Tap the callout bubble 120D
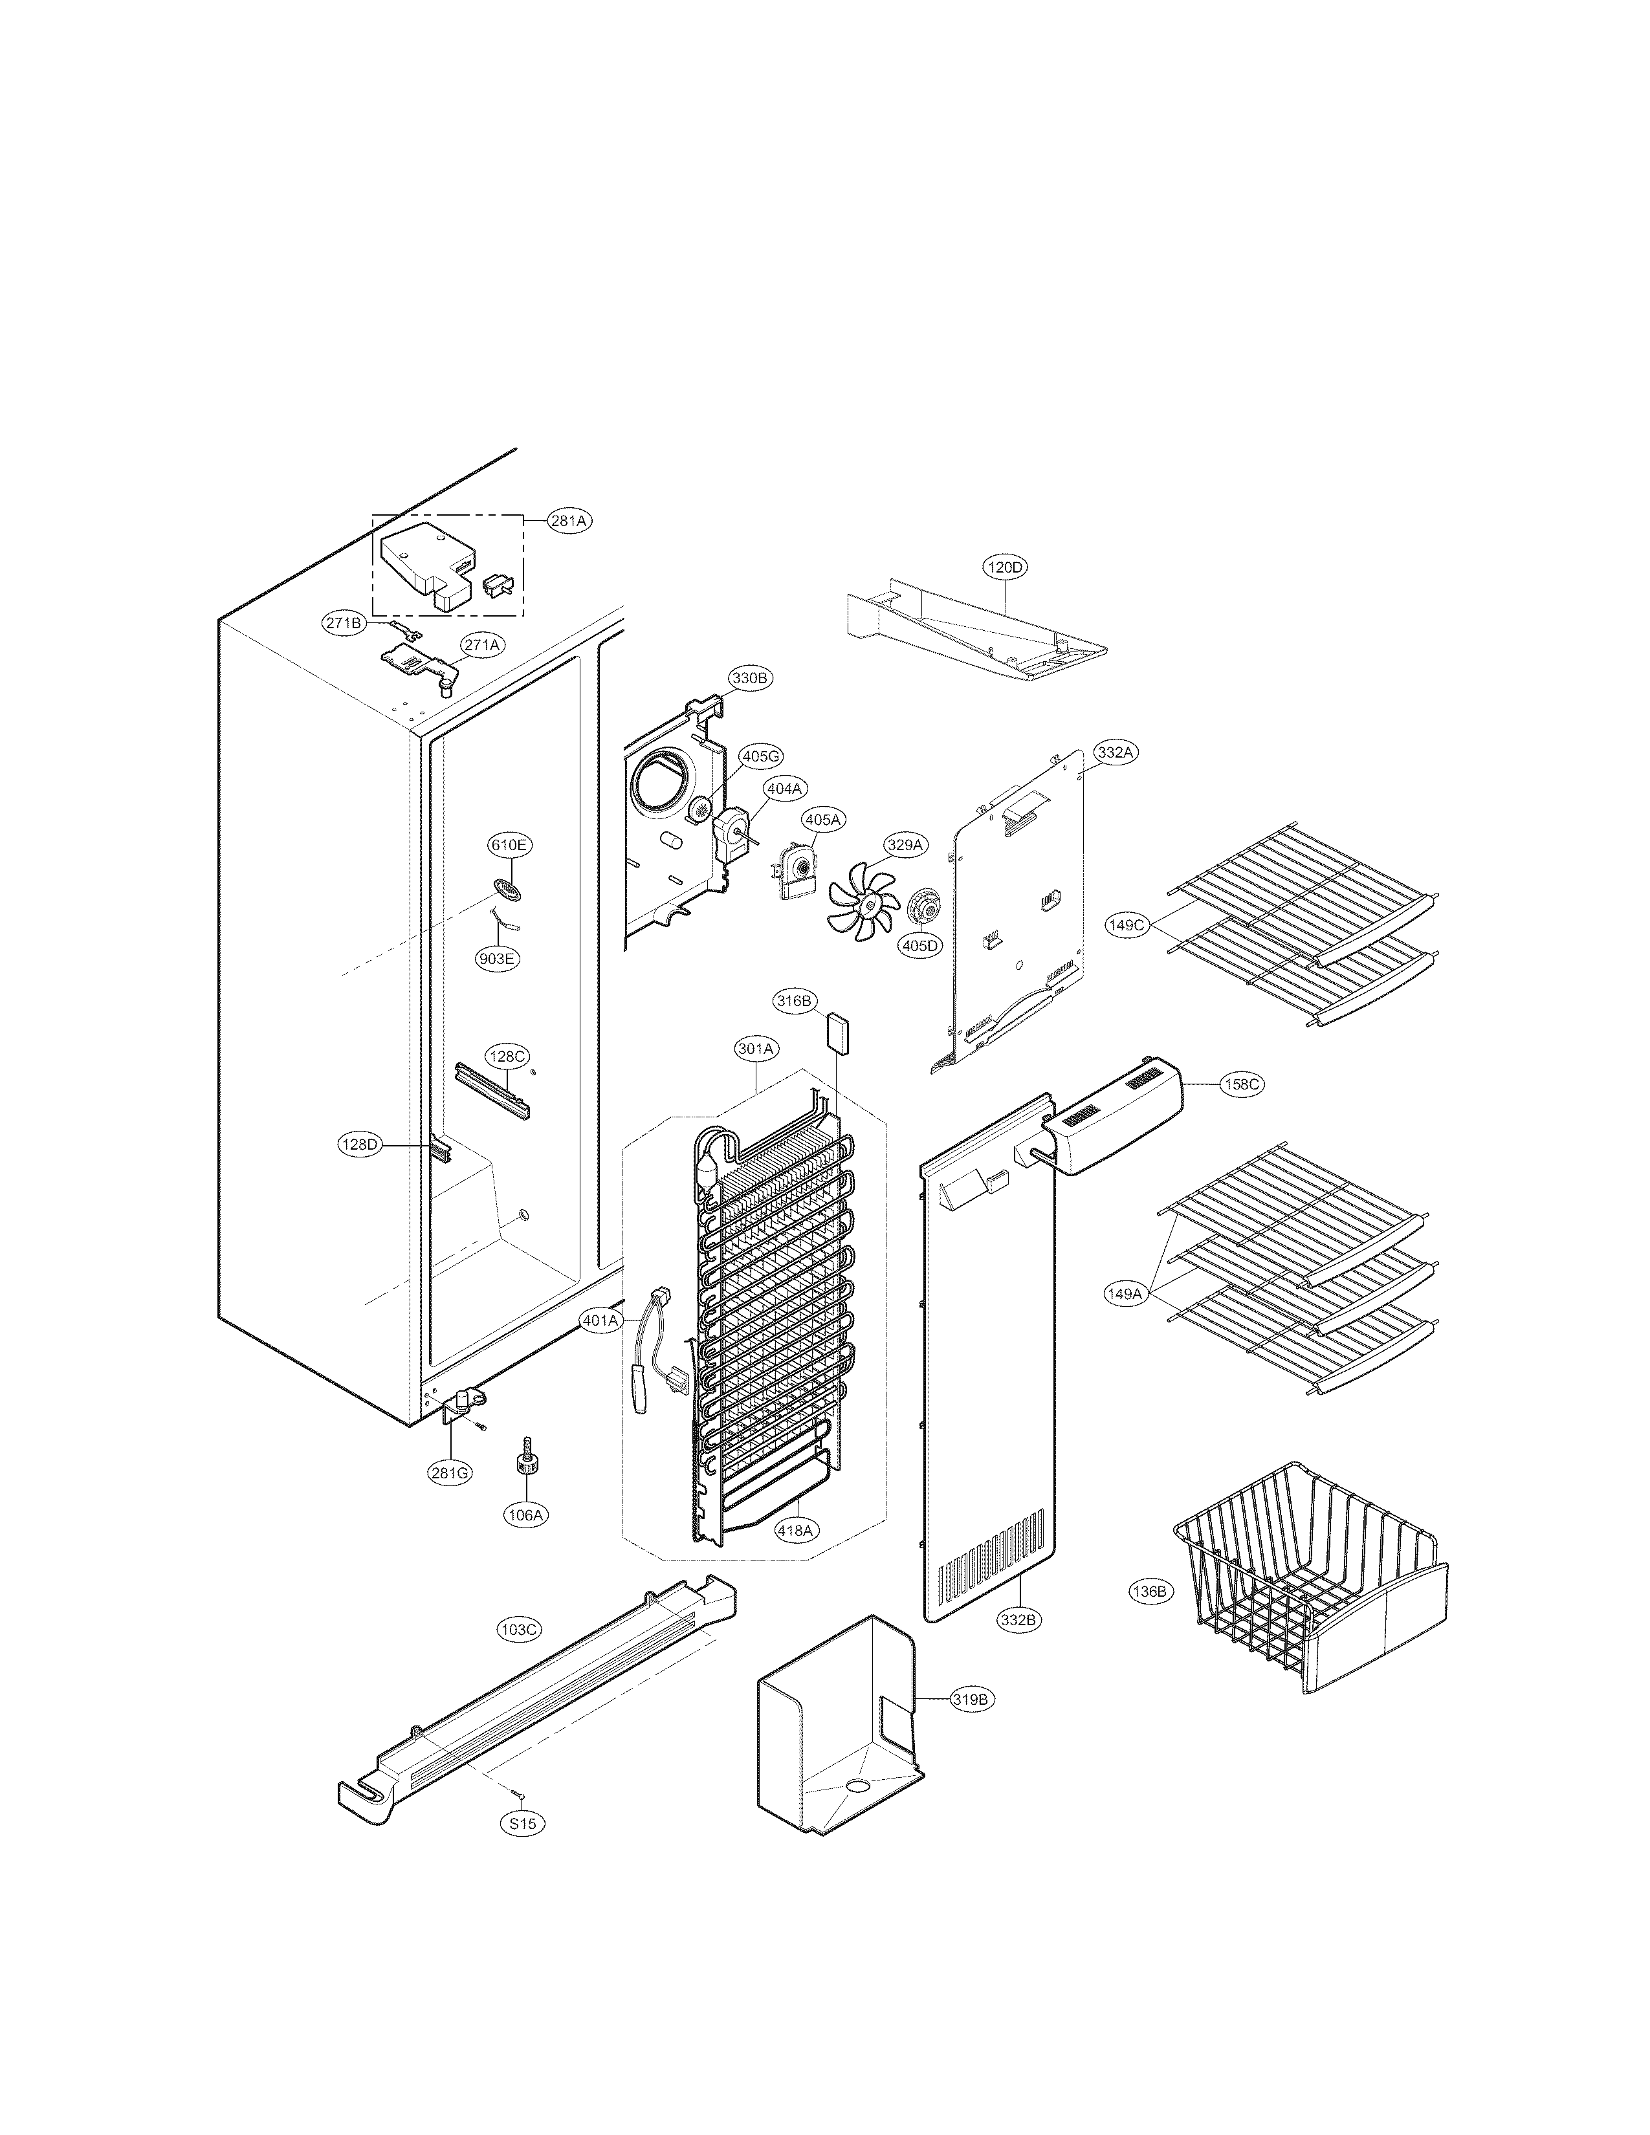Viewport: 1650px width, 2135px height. pos(1006,567)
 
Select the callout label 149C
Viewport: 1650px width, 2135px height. pos(1126,925)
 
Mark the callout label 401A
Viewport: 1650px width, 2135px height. pos(601,1320)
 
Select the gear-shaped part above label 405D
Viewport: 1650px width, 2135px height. pos(923,906)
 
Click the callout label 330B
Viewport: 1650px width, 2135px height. pos(751,677)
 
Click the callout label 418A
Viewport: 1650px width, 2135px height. pos(795,1530)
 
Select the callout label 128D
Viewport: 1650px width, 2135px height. pos(360,1144)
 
